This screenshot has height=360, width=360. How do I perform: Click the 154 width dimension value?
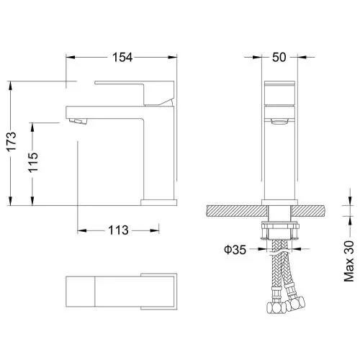point(122,58)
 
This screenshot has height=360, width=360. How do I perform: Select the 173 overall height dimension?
point(12,141)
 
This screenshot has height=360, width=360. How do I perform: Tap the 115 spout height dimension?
point(33,163)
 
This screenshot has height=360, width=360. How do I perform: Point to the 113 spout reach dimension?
point(118,230)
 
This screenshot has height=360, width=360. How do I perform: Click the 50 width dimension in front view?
point(279,58)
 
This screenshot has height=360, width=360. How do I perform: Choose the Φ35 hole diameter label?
point(235,250)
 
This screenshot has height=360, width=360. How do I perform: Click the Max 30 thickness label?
point(349,261)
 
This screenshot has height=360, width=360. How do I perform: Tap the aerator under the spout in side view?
point(77,121)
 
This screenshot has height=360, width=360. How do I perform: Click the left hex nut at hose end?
point(276,307)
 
